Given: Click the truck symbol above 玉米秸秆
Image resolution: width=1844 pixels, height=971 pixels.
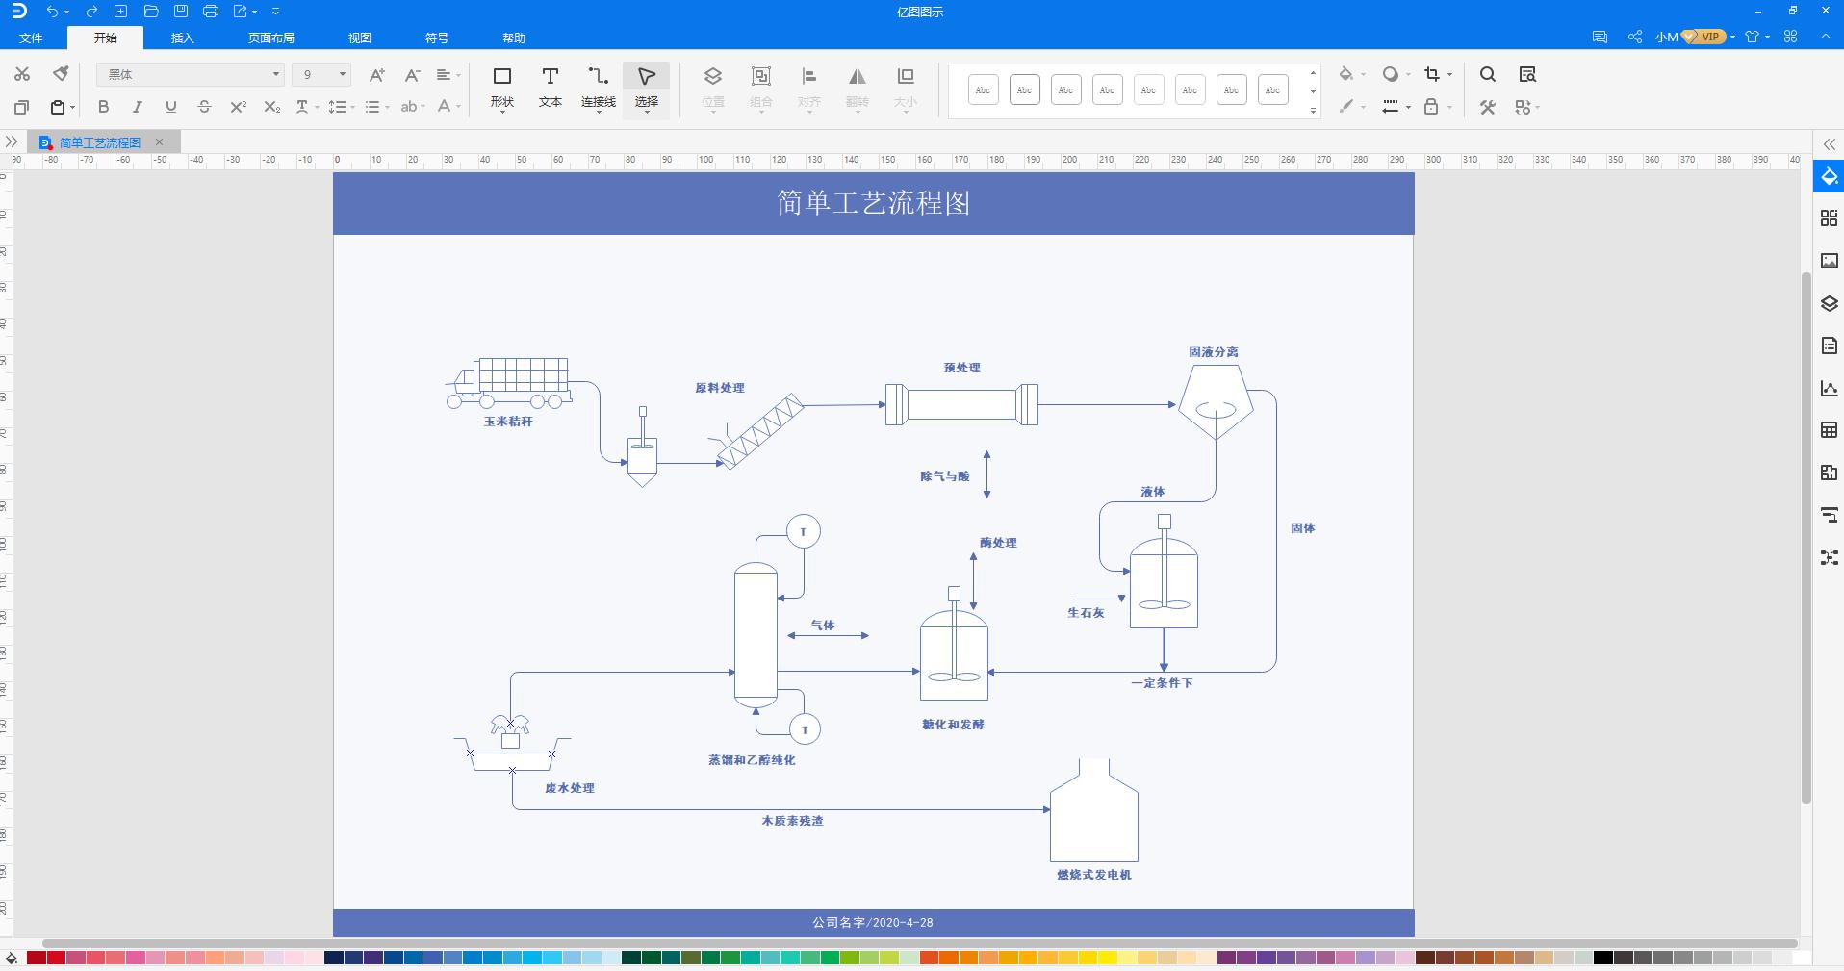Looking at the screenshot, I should (510, 382).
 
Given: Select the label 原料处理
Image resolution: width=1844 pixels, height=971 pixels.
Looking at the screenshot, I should (719, 388).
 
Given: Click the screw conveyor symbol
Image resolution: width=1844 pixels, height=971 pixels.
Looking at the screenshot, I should (761, 431).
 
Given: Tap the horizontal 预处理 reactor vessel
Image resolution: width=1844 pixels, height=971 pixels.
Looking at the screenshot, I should (961, 404).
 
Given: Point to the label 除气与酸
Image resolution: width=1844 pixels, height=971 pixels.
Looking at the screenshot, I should (944, 476).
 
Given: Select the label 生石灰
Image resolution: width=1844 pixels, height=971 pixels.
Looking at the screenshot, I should (1086, 613).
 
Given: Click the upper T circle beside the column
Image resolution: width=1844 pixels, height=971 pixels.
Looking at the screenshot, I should (804, 531).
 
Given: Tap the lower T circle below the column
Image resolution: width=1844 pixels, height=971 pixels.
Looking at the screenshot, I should (805, 729).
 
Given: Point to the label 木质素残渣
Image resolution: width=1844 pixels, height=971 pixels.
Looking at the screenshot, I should (792, 821).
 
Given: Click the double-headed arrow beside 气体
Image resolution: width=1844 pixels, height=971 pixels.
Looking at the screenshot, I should (828, 635).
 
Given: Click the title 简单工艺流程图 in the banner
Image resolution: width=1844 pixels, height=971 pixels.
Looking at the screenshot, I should (873, 203).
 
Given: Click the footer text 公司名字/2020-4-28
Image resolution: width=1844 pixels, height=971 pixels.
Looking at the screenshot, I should (872, 922).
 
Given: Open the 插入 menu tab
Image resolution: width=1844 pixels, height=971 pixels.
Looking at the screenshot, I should (182, 38).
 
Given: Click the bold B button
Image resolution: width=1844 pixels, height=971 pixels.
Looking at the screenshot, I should (104, 107).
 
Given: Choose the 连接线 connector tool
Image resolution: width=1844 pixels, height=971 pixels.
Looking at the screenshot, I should (598, 86).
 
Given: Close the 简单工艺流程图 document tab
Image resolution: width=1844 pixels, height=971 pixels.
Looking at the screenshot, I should (160, 142).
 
